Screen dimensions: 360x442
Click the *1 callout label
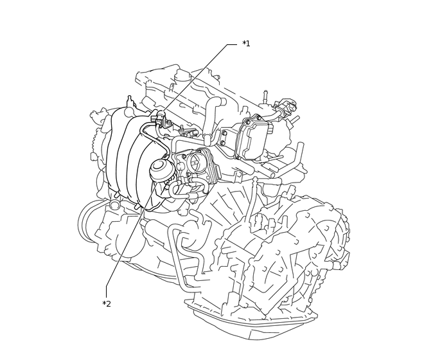pyautogui.click(x=246, y=44)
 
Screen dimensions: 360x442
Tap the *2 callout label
pyautogui.click(x=107, y=304)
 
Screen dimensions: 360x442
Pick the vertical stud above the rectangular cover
pyautogui.click(x=265, y=96)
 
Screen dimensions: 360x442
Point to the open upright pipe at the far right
pyautogui.click(x=299, y=154)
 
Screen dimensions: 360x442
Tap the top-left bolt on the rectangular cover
pyautogui.click(x=247, y=122)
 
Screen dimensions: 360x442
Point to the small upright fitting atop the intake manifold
pyautogui.click(x=129, y=102)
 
